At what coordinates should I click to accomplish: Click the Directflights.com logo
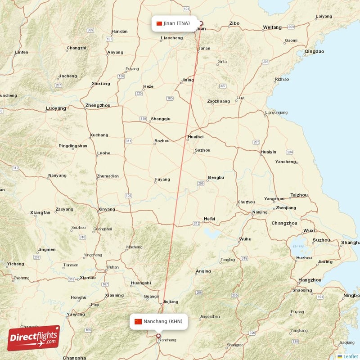coord(34,338)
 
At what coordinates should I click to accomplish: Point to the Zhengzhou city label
coord(98,106)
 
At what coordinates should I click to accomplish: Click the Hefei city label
coord(209,219)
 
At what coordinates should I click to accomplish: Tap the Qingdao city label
coord(314,52)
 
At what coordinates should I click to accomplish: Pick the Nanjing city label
coord(260,212)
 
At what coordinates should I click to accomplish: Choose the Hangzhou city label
coord(310,280)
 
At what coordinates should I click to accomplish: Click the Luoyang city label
coord(56,108)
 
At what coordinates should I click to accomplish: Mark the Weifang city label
coord(272,27)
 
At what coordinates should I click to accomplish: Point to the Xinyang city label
coord(107,209)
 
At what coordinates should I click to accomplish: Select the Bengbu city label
coord(216,178)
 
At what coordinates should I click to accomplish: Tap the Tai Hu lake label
coord(298,246)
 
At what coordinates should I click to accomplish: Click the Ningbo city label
coord(351,296)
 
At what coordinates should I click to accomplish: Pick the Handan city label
coord(119,31)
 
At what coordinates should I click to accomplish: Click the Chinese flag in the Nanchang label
coord(138,321)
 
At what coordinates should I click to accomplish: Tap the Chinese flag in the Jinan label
coord(159,23)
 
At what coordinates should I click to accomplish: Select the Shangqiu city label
coord(161,119)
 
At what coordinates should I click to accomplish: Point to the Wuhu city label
coord(245,239)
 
